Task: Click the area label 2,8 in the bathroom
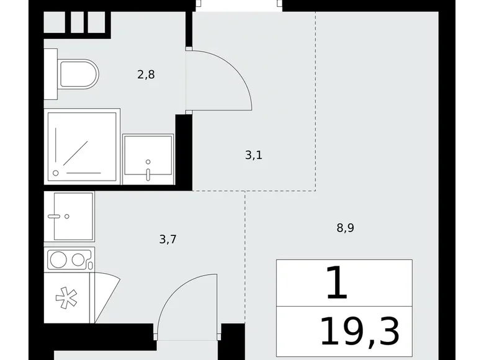point(146,74)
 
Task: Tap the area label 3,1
point(254,155)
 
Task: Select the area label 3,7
point(168,240)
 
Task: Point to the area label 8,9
point(345,228)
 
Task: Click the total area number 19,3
point(360,332)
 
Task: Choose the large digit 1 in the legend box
point(337,283)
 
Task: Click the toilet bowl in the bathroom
point(79,74)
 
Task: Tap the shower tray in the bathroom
point(82,146)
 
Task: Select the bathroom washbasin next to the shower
point(148,159)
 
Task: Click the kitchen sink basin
point(73,217)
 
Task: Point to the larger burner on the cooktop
point(58,259)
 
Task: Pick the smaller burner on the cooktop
point(78,259)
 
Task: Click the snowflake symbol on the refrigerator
point(66,298)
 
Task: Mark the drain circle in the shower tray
point(56,173)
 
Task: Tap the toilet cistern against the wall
point(51,74)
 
